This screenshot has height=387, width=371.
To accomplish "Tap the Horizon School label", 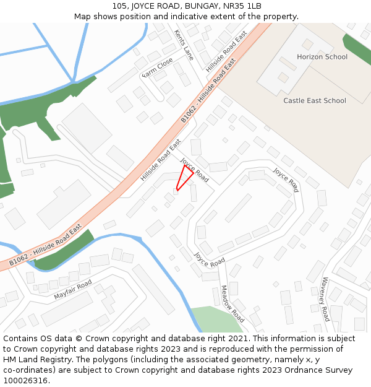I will coord(322,57).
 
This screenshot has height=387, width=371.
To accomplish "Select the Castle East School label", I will coord(314,100).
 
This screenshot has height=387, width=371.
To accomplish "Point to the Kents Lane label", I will coord(184,45).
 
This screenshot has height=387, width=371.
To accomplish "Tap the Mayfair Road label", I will coord(72,290).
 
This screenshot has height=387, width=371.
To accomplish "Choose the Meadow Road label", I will coord(232,304).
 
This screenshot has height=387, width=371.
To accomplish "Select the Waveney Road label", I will coord(325,299).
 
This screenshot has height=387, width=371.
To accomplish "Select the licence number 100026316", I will coord(25,380).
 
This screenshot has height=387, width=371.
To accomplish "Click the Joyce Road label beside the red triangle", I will coord(194,169).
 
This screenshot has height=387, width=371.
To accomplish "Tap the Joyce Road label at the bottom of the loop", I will coord(209,259).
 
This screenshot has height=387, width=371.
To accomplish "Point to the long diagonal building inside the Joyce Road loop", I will coord(238,208).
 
